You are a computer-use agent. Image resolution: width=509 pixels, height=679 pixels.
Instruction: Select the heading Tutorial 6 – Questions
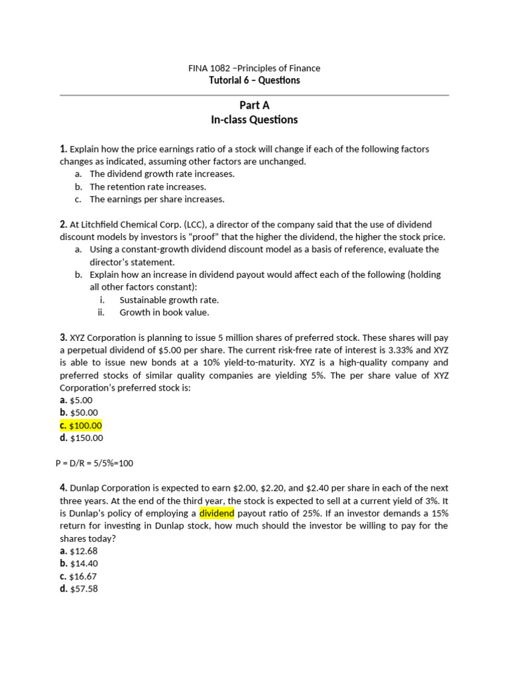pos(254,80)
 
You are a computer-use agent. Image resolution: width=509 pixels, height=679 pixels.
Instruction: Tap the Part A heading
pos(254,105)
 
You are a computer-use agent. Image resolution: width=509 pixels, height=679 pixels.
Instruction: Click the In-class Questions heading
pos(254,120)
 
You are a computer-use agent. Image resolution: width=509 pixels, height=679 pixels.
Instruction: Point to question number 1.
pos(63,149)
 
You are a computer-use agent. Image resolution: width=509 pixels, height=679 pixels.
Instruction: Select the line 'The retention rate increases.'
pos(148,186)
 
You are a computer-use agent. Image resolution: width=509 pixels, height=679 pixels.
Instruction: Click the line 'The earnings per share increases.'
pos(157,199)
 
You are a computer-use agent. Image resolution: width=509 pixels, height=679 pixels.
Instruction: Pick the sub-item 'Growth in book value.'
pos(164,312)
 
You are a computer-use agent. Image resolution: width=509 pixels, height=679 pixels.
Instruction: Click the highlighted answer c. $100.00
pos(81,425)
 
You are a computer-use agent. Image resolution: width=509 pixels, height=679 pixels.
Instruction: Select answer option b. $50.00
pos(78,412)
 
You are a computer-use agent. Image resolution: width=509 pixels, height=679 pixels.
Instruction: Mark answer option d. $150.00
pos(81,438)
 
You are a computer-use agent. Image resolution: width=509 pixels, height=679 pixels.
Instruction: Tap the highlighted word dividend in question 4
pos(217,513)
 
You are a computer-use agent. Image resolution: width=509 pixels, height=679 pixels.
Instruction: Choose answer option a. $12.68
pos(78,550)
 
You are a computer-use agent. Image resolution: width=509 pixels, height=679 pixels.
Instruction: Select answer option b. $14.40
pos(78,563)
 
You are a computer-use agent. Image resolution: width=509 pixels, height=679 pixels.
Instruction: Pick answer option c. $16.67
pos(78,576)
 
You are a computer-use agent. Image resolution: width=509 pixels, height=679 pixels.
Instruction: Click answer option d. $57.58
pos(78,588)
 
